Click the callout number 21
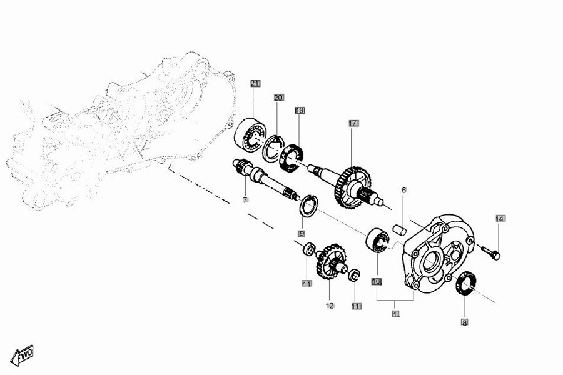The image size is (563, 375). point(255,83)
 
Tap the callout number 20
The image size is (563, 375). point(278,97)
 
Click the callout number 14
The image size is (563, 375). point(500,218)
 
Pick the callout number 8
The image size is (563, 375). point(464,323)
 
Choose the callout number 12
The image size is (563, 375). point(330,306)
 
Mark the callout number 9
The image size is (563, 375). point(302,234)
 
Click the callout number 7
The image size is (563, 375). point(245,200)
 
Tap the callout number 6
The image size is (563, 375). point(404,190)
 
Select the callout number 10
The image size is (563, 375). point(377,282)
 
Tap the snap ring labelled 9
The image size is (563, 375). point(309,206)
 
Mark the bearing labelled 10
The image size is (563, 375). point(377,241)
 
